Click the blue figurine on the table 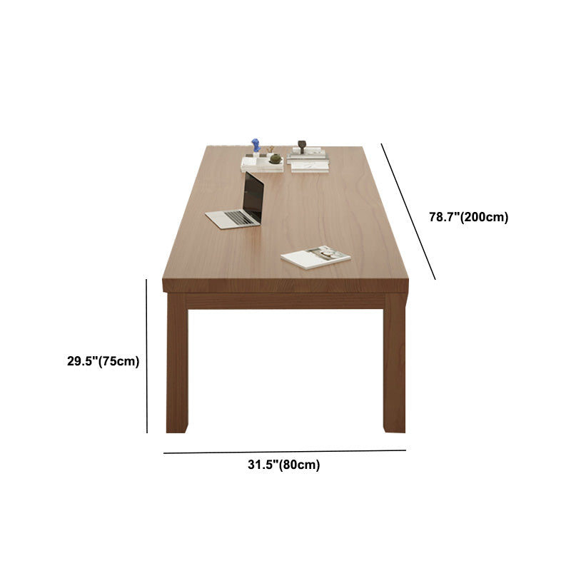pos(256,146)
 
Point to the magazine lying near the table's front pos(315,257)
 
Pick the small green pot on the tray pos(275,157)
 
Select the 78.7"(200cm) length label pos(468,218)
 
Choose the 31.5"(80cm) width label pos(284,465)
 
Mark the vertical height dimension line pos(147,355)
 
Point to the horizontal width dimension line pos(284,452)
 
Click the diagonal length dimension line pos(408,211)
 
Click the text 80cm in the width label pos(299,465)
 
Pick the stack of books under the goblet pos(308,153)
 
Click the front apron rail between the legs pos(285,300)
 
